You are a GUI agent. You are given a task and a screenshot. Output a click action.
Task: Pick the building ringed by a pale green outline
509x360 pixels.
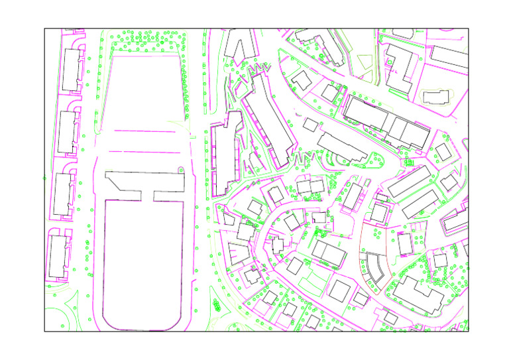tap(435, 97)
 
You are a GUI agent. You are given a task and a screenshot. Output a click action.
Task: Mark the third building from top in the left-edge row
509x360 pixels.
tap(64, 194)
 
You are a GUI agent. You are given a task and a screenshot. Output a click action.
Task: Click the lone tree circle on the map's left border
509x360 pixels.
tap(44, 178)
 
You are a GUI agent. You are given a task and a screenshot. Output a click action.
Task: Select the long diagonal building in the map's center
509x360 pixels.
tap(268, 120)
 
